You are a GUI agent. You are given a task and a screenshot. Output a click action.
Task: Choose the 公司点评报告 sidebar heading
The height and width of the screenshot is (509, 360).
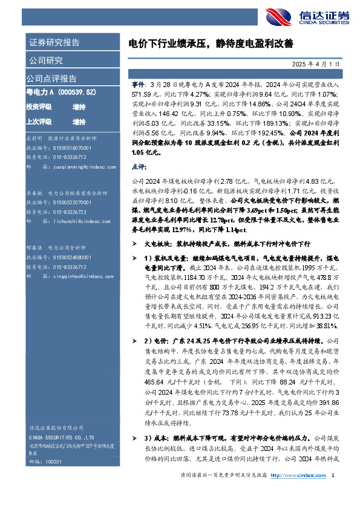(x=51, y=78)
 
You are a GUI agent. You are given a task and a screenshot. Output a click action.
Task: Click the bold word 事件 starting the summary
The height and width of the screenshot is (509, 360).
(x=138, y=86)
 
